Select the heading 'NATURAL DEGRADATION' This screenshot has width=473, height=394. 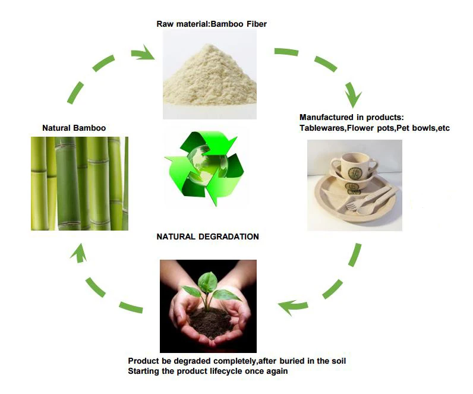(x=207, y=237)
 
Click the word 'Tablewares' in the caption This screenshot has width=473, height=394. (x=322, y=128)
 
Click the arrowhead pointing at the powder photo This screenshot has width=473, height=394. (x=144, y=55)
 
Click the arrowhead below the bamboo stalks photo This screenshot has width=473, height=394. (x=77, y=254)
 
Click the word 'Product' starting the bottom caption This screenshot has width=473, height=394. (x=144, y=361)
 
